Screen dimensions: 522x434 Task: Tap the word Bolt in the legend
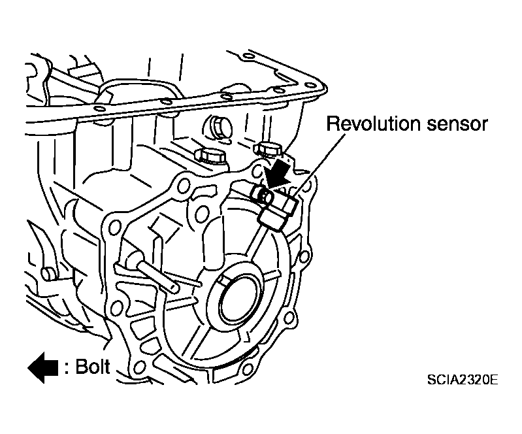pos(93,367)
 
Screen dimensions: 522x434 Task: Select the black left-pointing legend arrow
pos(43,367)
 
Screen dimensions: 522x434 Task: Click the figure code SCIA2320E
pos(463,379)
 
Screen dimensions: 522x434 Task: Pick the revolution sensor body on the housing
pos(276,208)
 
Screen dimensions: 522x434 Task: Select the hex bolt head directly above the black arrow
pos(268,148)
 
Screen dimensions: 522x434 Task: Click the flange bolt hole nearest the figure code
pos(247,369)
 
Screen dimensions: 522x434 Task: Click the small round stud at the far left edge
pos(47,274)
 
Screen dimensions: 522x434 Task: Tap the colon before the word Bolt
pos(67,368)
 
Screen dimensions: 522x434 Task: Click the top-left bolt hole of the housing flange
pos(184,186)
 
